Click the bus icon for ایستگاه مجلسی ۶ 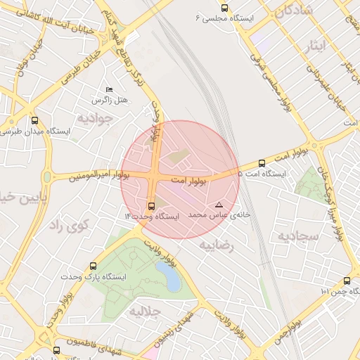click(224, 8)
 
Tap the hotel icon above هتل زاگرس click(108, 89)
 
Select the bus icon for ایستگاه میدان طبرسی click(35, 120)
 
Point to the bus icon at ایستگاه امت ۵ click(262, 162)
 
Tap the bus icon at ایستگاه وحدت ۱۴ click(151, 206)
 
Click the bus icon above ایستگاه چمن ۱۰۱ click(347, 279)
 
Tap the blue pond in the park click(168, 276)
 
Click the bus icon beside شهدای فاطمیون click(56, 350)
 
